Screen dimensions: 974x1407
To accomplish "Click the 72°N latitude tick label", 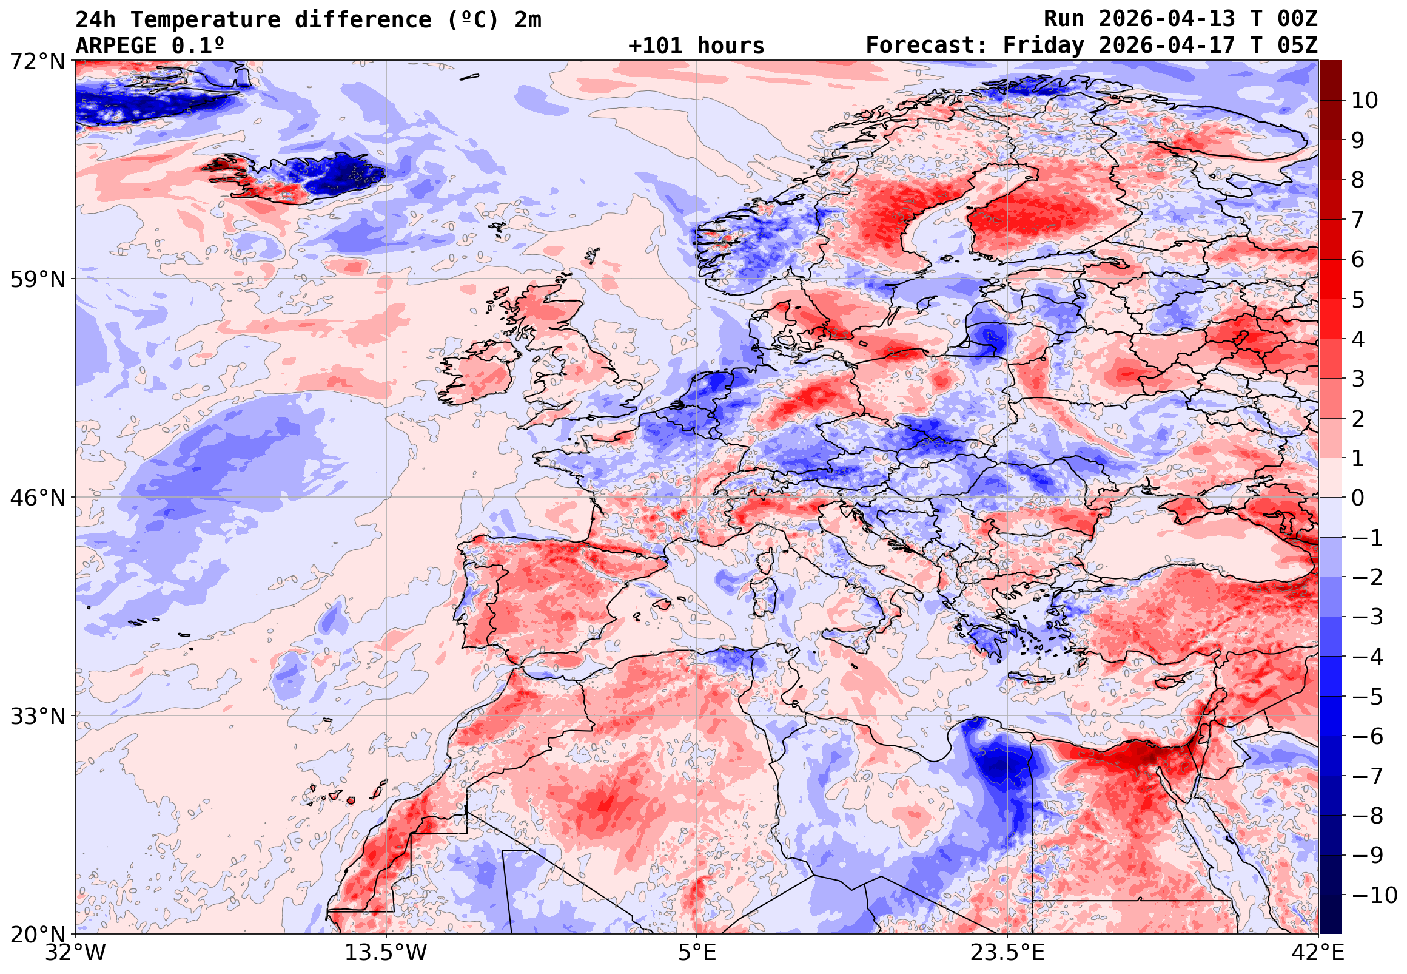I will pos(37,62).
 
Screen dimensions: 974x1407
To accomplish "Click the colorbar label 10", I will pos(1365,101).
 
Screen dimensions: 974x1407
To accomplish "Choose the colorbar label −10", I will pos(1374,896).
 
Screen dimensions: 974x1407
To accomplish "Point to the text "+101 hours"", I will pos(696,46).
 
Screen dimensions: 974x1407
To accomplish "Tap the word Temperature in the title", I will pos(205,20).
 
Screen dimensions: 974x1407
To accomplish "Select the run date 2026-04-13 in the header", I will pos(1166,19).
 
